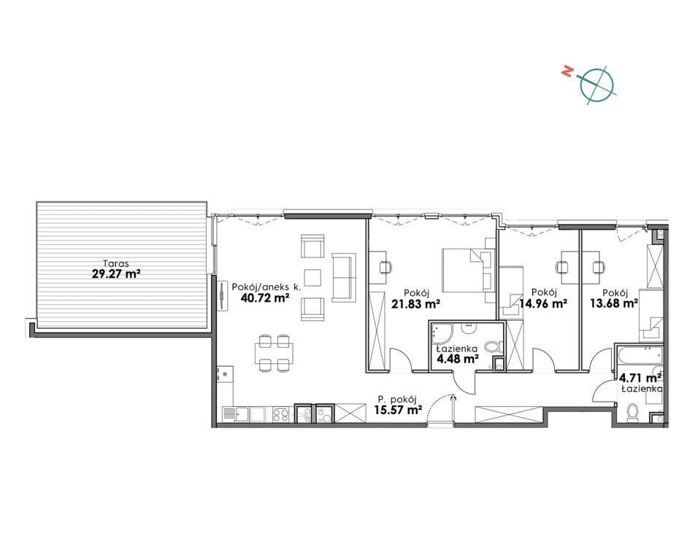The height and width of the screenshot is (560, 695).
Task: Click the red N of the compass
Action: pyautogui.click(x=566, y=71)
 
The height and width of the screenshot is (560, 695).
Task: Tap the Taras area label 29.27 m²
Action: pyautogui.click(x=116, y=273)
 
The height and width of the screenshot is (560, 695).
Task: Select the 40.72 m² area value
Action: pyautogui.click(x=265, y=297)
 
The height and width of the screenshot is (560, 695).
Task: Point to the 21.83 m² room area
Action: pyautogui.click(x=415, y=303)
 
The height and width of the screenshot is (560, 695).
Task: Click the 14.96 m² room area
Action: pyautogui.click(x=543, y=303)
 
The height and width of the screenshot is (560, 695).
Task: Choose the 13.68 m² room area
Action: pyautogui.click(x=614, y=303)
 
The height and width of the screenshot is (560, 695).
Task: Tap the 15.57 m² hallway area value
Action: pyautogui.click(x=398, y=410)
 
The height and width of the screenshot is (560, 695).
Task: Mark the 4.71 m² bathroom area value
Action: pyautogui.click(x=640, y=378)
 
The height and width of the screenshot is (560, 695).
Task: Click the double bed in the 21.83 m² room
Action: pyautogui.click(x=469, y=270)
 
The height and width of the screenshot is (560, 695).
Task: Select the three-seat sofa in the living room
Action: pyautogui.click(x=344, y=278)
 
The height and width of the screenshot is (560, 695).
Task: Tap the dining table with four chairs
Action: pyautogui.click(x=274, y=353)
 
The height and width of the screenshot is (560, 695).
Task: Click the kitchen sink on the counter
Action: pyautogui.click(x=237, y=414)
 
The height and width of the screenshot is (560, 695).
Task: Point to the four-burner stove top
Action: pyautogui.click(x=281, y=414)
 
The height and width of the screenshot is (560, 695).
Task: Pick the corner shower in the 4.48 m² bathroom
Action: pyautogui.click(x=442, y=334)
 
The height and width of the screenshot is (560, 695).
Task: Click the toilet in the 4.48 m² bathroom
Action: pyautogui.click(x=494, y=346)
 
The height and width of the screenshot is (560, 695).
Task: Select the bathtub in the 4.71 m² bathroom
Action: pyautogui.click(x=639, y=357)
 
